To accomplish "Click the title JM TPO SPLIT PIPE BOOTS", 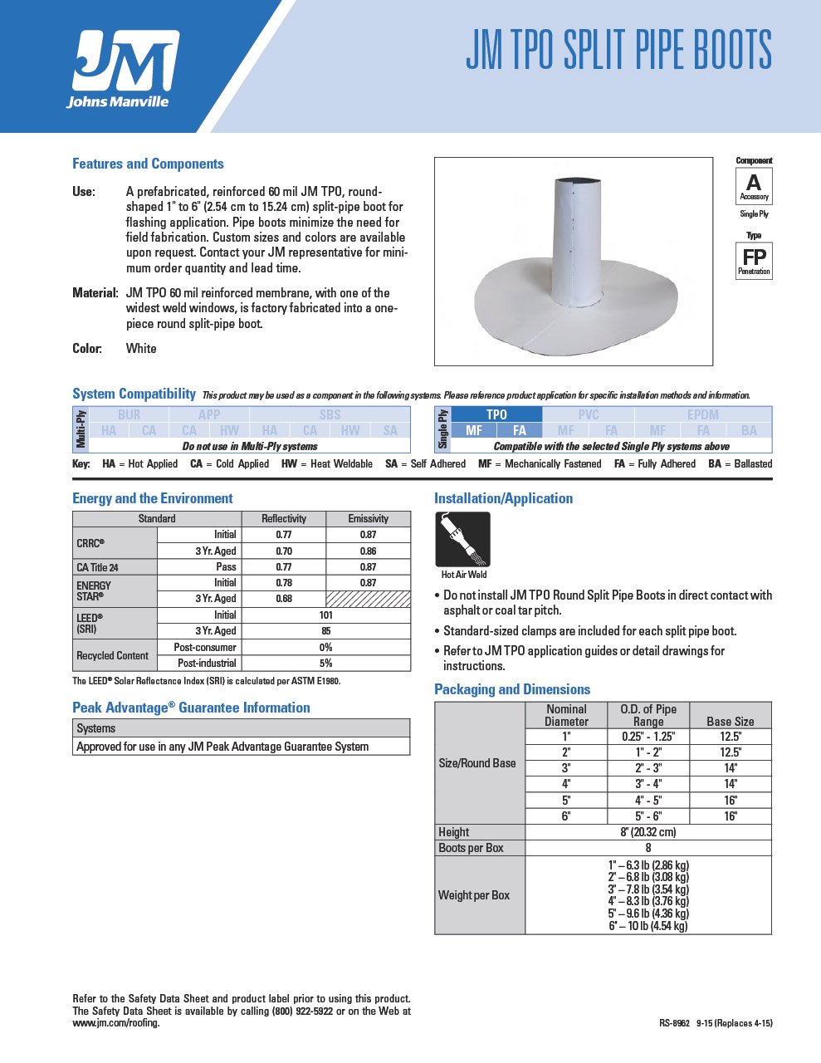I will [x=618, y=50].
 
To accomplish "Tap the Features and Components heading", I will [x=148, y=164].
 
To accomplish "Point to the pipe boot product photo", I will [x=574, y=262].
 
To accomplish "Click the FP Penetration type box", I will [x=754, y=260].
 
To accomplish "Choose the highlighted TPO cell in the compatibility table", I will [x=496, y=414].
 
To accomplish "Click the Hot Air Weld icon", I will [x=462, y=540].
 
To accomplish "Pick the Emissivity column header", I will [x=368, y=518].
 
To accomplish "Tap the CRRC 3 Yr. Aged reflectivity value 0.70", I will [x=284, y=551].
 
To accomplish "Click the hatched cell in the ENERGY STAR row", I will [x=368, y=599].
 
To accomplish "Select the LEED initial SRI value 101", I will [x=325, y=615].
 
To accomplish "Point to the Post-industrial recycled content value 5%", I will [x=325, y=664].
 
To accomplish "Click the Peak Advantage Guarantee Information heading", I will [x=191, y=708].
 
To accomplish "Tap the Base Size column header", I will [x=731, y=722].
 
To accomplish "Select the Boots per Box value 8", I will [x=648, y=848].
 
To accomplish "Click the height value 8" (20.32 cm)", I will [x=648, y=832].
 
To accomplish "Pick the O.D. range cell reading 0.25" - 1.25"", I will [x=648, y=737].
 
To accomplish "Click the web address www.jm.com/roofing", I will [x=115, y=1023].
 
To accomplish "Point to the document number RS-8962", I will [x=674, y=1023].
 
